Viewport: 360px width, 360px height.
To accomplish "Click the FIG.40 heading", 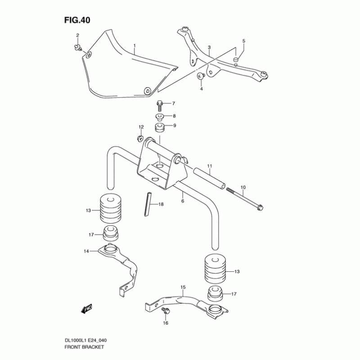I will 78,20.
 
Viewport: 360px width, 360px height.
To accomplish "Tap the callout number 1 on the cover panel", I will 134,46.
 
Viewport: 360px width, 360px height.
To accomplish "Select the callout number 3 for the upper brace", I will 209,47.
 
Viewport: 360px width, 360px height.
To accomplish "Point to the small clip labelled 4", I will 201,76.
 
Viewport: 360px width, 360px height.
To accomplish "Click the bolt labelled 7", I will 160,105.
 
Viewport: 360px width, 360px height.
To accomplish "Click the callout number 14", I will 86,252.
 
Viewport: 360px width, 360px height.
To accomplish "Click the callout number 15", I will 183,287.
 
